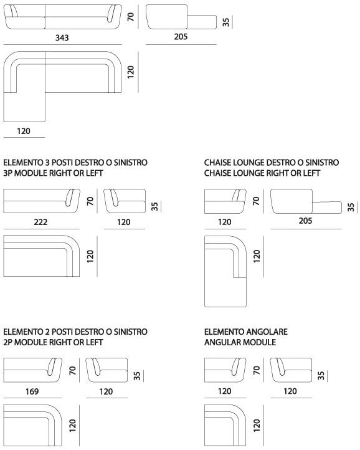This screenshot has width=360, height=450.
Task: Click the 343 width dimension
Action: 62,37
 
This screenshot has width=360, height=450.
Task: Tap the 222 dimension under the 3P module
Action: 40,222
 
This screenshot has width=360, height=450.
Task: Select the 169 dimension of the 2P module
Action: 32,391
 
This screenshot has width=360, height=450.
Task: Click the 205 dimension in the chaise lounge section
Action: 305,221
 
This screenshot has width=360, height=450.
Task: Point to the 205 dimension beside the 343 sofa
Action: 181,36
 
